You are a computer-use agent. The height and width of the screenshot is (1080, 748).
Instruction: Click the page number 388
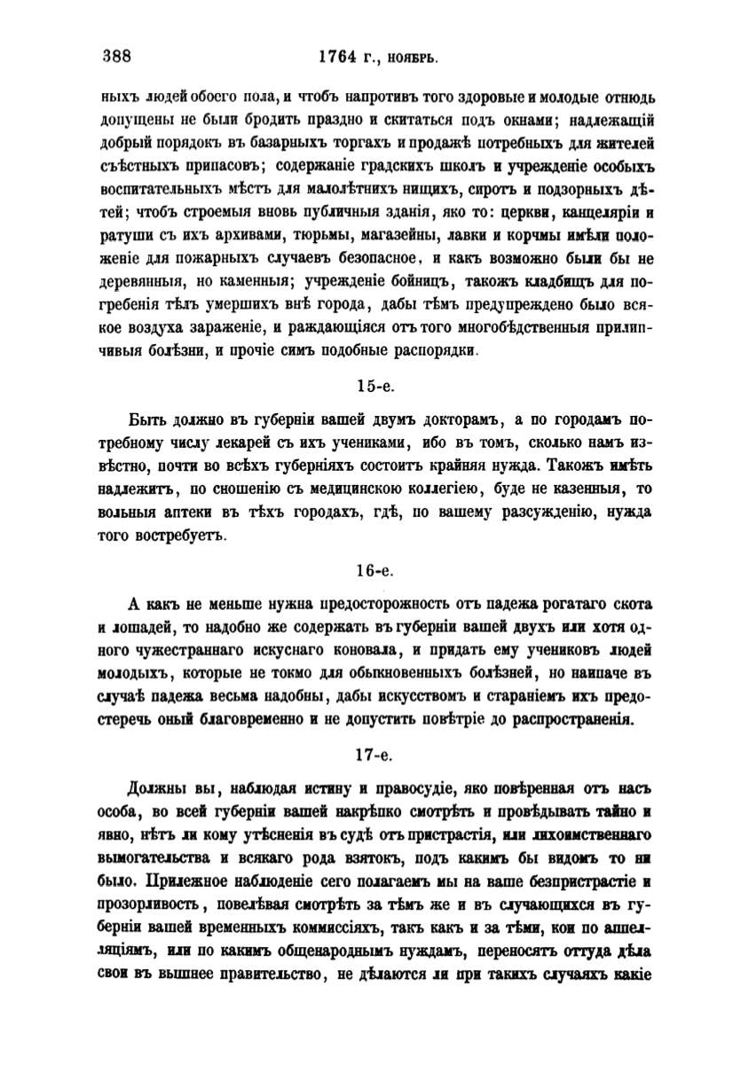(x=116, y=57)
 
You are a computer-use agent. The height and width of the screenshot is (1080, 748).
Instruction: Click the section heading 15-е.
(x=373, y=387)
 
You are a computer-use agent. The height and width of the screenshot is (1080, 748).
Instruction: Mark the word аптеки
(x=201, y=512)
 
